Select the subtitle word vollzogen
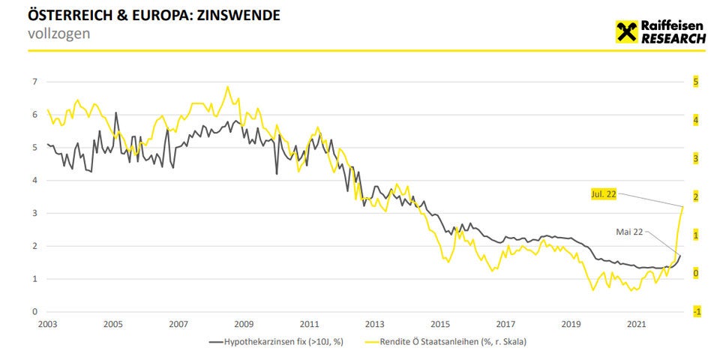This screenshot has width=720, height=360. [x=58, y=33]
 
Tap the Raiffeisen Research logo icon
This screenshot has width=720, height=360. [x=626, y=31]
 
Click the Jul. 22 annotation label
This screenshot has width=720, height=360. [x=603, y=194]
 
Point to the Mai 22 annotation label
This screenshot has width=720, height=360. [x=629, y=232]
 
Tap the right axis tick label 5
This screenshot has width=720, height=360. [x=695, y=82]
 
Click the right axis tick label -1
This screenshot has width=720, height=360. [x=695, y=311]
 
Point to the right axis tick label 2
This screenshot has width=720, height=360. [x=695, y=196]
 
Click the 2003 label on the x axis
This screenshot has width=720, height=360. [x=47, y=324]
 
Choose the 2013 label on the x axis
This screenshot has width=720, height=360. [x=374, y=324]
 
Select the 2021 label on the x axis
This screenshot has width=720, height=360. [x=636, y=324]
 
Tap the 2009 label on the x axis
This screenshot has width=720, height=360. [x=244, y=324]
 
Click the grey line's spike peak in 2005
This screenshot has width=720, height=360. [x=116, y=112]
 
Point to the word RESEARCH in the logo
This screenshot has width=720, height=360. [x=673, y=38]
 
